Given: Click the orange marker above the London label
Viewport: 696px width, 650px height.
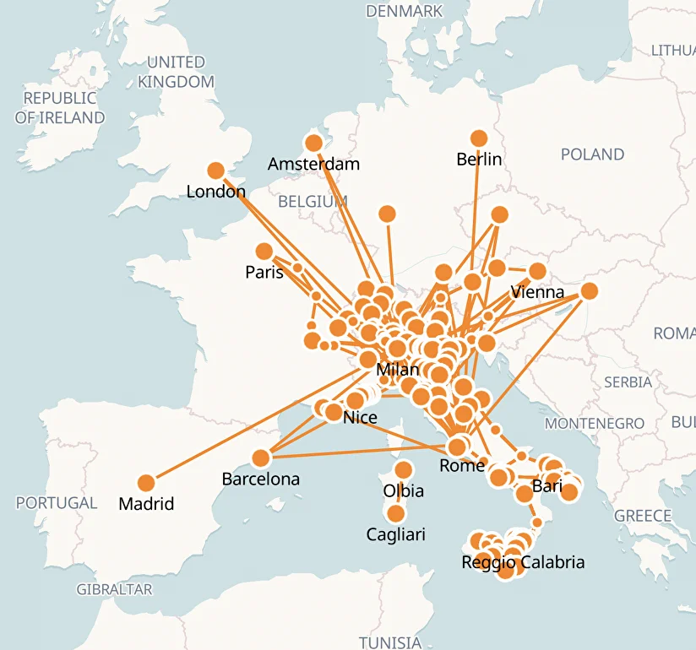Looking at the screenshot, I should pyautogui.click(x=216, y=171).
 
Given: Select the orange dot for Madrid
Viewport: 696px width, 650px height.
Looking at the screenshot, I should pyautogui.click(x=146, y=483).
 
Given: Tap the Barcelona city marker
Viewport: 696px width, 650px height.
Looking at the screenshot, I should pyautogui.click(x=260, y=458).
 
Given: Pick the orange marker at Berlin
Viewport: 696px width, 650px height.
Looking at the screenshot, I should pyautogui.click(x=479, y=138).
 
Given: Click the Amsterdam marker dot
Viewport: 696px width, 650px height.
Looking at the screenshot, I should pyautogui.click(x=313, y=144).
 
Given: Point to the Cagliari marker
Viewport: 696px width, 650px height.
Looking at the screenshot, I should pyautogui.click(x=395, y=513).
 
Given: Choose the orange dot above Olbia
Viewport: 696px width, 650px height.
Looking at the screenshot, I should pyautogui.click(x=403, y=470).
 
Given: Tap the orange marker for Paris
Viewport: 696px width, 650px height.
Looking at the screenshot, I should pyautogui.click(x=264, y=252).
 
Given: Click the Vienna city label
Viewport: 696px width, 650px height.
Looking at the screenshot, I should pyautogui.click(x=537, y=292).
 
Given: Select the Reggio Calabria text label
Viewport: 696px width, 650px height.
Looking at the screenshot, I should pyautogui.click(x=523, y=562).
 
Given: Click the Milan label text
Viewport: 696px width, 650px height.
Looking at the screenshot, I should pyautogui.click(x=397, y=369).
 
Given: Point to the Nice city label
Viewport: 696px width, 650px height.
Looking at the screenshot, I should pyautogui.click(x=360, y=417).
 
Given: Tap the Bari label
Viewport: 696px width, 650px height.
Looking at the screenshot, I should pyautogui.click(x=547, y=486).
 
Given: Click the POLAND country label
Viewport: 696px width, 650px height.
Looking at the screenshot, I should pyautogui.click(x=592, y=154).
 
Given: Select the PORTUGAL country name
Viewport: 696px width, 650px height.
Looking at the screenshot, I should pyautogui.click(x=57, y=503).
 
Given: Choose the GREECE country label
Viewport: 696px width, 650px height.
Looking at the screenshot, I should pyautogui.click(x=643, y=516).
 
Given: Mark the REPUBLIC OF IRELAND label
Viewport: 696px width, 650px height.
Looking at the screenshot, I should pyautogui.click(x=60, y=108).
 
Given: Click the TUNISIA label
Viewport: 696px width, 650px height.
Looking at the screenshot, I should pyautogui.click(x=389, y=642).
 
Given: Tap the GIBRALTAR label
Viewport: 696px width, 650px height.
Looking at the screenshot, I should pyautogui.click(x=114, y=589).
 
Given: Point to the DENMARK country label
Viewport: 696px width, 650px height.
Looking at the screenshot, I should pyautogui.click(x=404, y=11).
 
